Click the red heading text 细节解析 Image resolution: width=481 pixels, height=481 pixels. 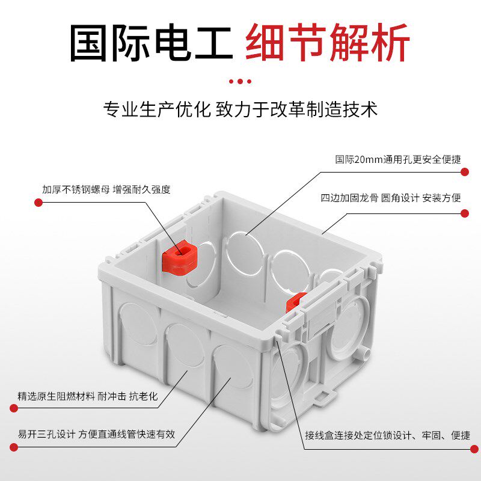(x=328, y=43)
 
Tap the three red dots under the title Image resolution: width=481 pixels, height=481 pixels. (x=240, y=81)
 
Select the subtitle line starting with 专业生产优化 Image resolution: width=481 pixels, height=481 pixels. (x=240, y=109)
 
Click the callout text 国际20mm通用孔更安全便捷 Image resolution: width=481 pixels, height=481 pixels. (x=398, y=160)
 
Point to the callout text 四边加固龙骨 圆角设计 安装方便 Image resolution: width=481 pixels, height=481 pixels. (x=391, y=197)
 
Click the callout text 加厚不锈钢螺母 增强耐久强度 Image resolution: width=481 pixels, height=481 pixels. (x=106, y=189)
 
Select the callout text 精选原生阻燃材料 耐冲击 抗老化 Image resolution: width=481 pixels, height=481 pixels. (x=87, y=396)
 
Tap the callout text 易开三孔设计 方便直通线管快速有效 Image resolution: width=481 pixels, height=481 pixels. (x=96, y=434)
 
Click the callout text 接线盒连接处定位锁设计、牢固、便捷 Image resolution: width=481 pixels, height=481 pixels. (x=387, y=435)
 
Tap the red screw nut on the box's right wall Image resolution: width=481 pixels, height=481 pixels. (x=295, y=301)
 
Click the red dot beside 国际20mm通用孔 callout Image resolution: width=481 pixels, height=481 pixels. (x=464, y=171)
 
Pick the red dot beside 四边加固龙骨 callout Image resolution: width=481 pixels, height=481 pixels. (x=464, y=210)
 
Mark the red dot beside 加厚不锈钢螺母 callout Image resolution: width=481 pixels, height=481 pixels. (x=38, y=203)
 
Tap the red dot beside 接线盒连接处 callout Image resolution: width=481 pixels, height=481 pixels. (x=464, y=447)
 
